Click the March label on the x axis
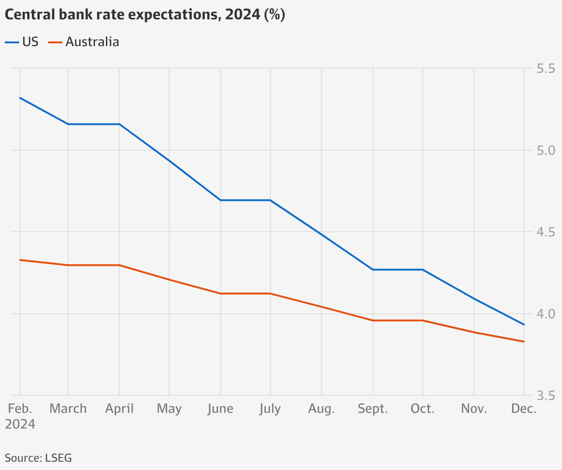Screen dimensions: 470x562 (x=68, y=409)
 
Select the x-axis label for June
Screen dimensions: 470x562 (x=221, y=409)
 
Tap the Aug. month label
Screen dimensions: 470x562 (x=322, y=409)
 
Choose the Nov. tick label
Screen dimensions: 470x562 (x=474, y=409)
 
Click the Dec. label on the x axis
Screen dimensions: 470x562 (x=523, y=409)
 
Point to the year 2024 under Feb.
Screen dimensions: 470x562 (x=20, y=424)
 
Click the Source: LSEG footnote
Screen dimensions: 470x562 (x=38, y=458)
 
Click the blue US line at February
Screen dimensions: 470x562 (x=20, y=98)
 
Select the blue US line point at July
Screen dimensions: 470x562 (x=270, y=200)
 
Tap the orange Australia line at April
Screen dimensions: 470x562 (x=119, y=265)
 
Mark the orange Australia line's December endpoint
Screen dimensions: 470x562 (x=524, y=341)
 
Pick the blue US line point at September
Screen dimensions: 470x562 (x=373, y=269)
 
